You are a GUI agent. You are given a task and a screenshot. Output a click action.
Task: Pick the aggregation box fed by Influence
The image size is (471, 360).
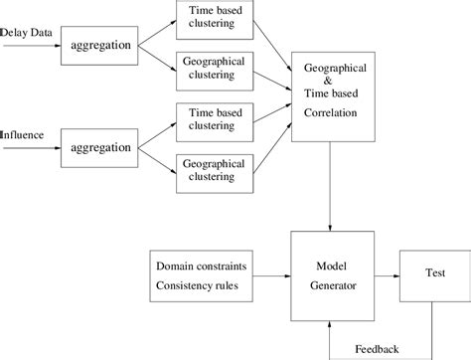click(x=97, y=146)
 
